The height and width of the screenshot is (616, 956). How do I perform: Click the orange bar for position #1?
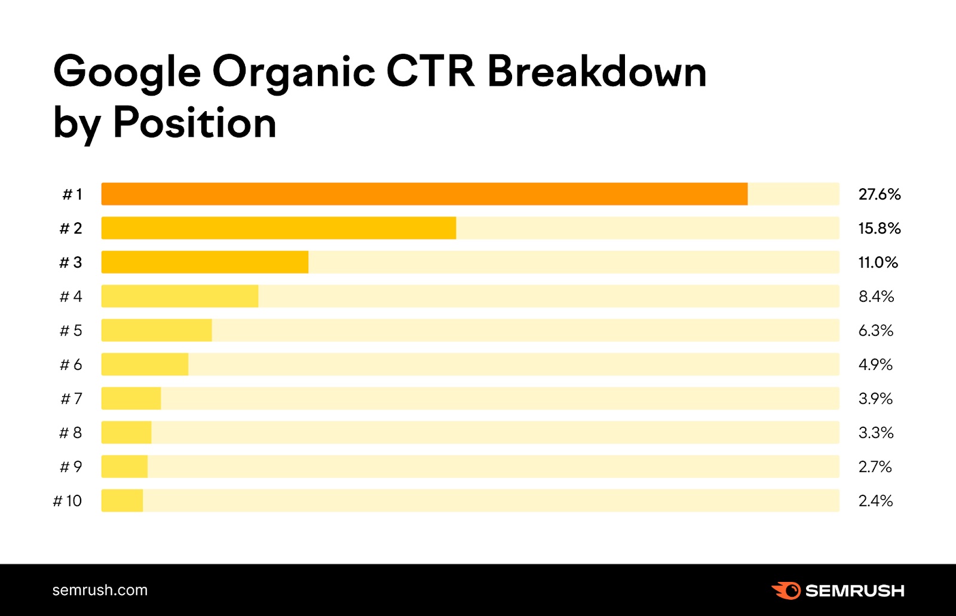click(424, 194)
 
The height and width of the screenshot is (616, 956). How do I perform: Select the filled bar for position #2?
click(278, 228)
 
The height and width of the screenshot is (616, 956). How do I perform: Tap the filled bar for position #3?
click(205, 262)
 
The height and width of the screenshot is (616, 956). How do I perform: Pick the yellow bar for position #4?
click(180, 296)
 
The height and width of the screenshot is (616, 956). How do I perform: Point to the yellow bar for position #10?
click(122, 501)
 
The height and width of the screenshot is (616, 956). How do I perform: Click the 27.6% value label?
click(879, 194)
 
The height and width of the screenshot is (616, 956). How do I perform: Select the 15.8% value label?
click(879, 228)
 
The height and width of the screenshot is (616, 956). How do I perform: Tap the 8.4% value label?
click(876, 296)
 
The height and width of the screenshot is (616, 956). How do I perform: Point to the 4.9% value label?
click(875, 364)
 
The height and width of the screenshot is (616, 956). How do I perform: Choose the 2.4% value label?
click(875, 501)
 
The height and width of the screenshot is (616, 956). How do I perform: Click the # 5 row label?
click(71, 330)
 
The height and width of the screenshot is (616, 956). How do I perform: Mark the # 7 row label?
click(72, 399)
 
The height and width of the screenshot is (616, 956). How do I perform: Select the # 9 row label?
click(71, 467)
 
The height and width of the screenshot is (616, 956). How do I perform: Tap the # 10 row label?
click(68, 501)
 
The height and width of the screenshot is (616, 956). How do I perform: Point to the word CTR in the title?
click(430, 72)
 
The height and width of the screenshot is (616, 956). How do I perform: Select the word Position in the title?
click(195, 123)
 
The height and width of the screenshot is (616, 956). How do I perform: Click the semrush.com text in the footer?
click(100, 590)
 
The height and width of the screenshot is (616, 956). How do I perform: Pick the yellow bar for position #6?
click(145, 364)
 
